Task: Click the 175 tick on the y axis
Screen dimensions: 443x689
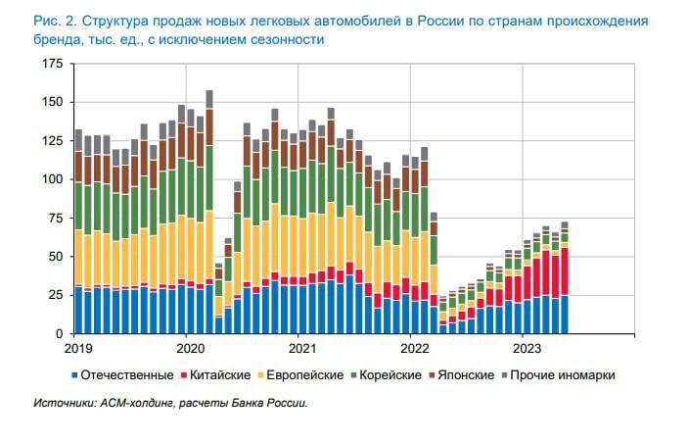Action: click(50, 64)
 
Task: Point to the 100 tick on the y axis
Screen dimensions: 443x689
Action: click(50, 179)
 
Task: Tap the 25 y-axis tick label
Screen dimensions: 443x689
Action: click(53, 295)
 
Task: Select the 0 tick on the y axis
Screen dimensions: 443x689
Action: click(58, 333)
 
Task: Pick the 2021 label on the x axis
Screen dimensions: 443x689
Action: click(300, 347)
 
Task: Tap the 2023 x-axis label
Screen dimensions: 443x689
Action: click(526, 347)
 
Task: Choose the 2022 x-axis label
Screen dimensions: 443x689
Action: click(413, 347)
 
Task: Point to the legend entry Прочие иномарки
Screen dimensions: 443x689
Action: click(568, 375)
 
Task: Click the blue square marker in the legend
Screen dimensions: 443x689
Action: click(74, 375)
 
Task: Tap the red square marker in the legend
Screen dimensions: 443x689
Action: click(184, 375)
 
